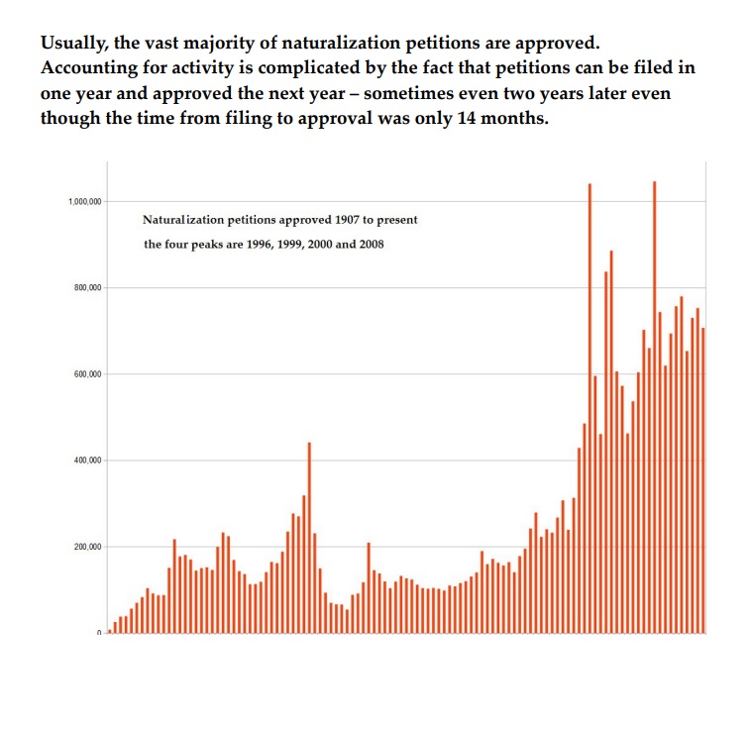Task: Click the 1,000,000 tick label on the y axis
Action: pyautogui.click(x=84, y=201)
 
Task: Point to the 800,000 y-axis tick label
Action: pyautogui.click(x=86, y=287)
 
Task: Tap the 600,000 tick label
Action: pyautogui.click(x=86, y=374)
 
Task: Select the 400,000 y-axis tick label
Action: pyautogui.click(x=86, y=461)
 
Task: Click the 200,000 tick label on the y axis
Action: pyautogui.click(x=86, y=547)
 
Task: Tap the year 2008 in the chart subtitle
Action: pyautogui.click(x=369, y=244)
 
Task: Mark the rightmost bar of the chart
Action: pyautogui.click(x=703, y=479)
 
